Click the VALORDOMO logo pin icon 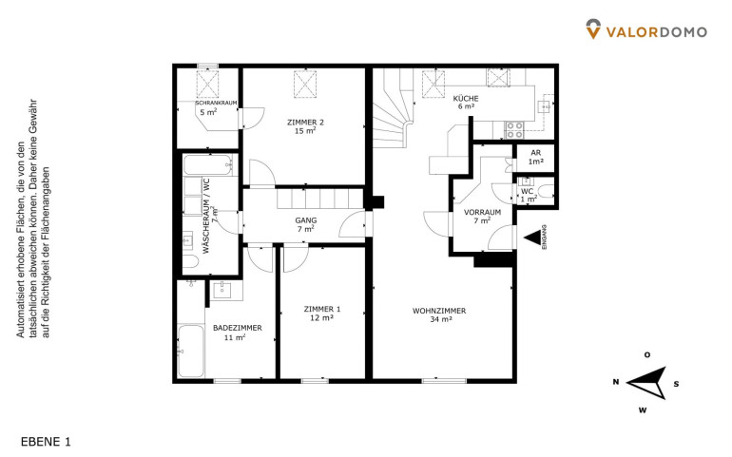coord(593,29)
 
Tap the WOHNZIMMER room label coord(439,311)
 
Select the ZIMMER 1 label coord(322,309)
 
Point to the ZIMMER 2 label coord(305,123)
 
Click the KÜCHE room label coord(466,99)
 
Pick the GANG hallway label coord(306,220)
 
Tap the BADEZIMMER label coord(237,328)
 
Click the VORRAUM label coord(482,212)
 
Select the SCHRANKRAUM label coord(216,103)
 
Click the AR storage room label coord(536,153)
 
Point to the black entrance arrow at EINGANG coord(531,238)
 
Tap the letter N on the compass coord(616,382)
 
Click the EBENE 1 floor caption coord(46,442)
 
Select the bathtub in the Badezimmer coord(190,351)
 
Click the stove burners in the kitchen coord(515,130)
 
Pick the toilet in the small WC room coord(546,191)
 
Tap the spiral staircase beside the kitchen coord(393,108)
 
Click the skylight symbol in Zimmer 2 coord(305,85)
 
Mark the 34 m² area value coord(441,320)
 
